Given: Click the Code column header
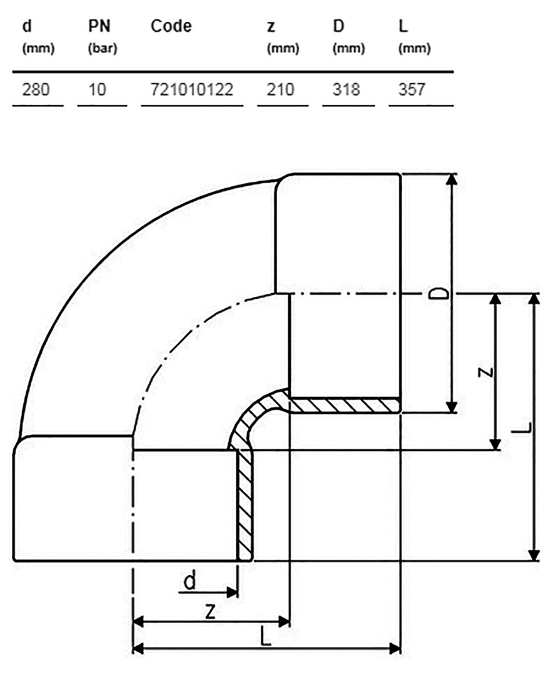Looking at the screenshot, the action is (x=171, y=26).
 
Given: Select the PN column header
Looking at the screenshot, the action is (x=99, y=26).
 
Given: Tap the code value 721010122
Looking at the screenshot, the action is (x=191, y=89).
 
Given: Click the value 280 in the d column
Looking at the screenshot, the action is (x=36, y=89).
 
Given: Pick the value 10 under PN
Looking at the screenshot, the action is (x=97, y=89).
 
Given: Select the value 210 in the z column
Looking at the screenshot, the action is (x=280, y=89).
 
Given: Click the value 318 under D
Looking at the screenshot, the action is (x=346, y=89).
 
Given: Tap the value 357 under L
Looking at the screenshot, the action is (x=411, y=89).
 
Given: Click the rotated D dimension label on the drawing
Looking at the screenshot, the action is (x=439, y=294).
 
